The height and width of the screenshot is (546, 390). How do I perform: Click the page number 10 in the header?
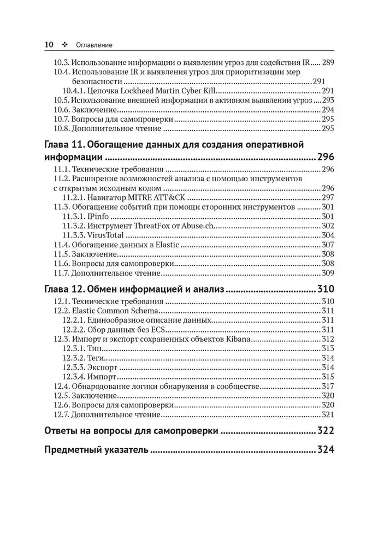(x=49, y=44)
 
